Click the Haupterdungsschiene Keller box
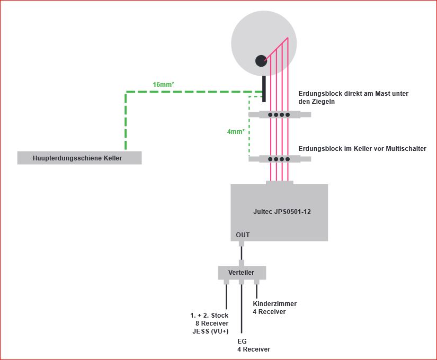tap(79, 158)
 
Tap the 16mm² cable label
tap(164, 85)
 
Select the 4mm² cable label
tap(235, 132)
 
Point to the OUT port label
tap(243, 235)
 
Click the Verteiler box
tap(242, 273)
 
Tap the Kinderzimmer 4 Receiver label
tap(274, 308)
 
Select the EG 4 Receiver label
tap(253, 345)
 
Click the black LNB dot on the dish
tap(261, 61)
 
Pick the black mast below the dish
tap(263, 87)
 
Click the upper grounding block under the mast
tap(279, 114)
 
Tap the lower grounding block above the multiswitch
tap(279, 158)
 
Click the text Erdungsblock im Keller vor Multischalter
tap(362, 149)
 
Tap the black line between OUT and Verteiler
tap(242, 254)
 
